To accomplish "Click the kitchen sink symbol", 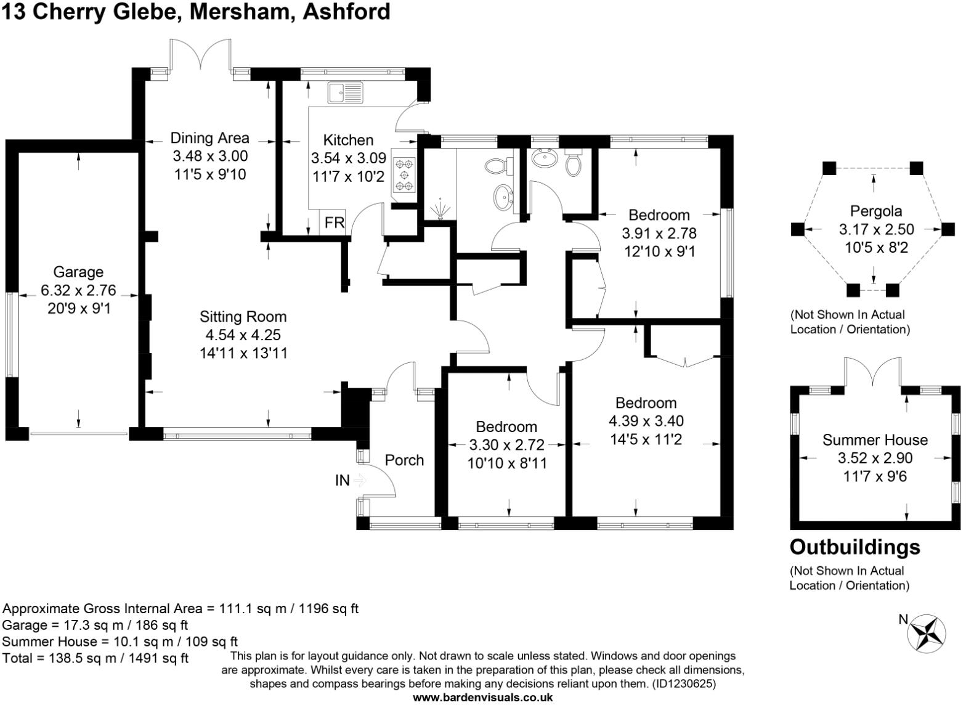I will click(346, 93).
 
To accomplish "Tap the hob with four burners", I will click(404, 174).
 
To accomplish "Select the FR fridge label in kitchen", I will click(335, 222).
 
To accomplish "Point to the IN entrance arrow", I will click(359, 481).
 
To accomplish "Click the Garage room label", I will click(78, 272).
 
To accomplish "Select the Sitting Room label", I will click(243, 317).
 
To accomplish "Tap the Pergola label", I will click(875, 211).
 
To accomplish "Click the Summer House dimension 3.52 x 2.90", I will click(875, 458).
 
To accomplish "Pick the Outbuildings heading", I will click(855, 547).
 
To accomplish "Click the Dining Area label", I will click(209, 138).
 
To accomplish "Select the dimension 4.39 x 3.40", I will click(646, 421).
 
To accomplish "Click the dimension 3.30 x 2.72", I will click(506, 445).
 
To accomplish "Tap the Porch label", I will click(404, 460).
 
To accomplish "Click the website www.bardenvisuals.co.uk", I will click(482, 698).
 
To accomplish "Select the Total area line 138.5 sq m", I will click(95, 658).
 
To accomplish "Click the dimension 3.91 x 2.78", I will click(659, 234).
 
